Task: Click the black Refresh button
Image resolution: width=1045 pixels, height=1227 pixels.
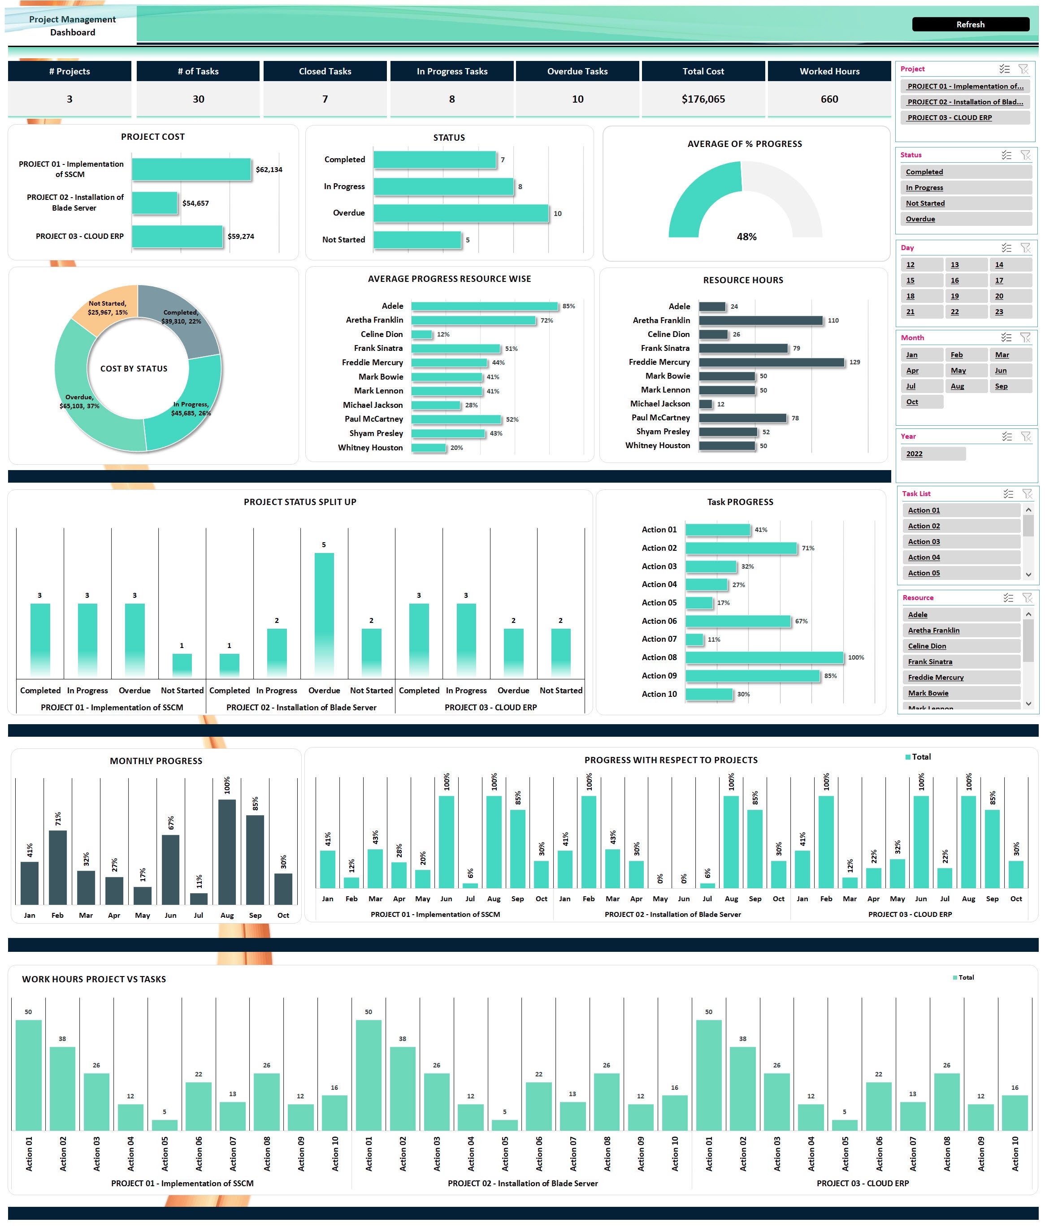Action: (970, 24)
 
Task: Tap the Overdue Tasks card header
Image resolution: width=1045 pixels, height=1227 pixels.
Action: (577, 71)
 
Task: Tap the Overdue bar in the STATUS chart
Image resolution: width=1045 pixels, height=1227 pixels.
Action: (460, 213)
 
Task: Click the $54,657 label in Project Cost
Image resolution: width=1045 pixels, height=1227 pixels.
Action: (195, 203)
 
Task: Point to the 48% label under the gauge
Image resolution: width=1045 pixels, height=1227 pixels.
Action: (746, 237)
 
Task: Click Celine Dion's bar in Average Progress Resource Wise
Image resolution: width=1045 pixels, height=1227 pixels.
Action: (421, 335)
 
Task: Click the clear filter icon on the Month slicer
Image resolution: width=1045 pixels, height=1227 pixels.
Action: (1025, 337)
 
